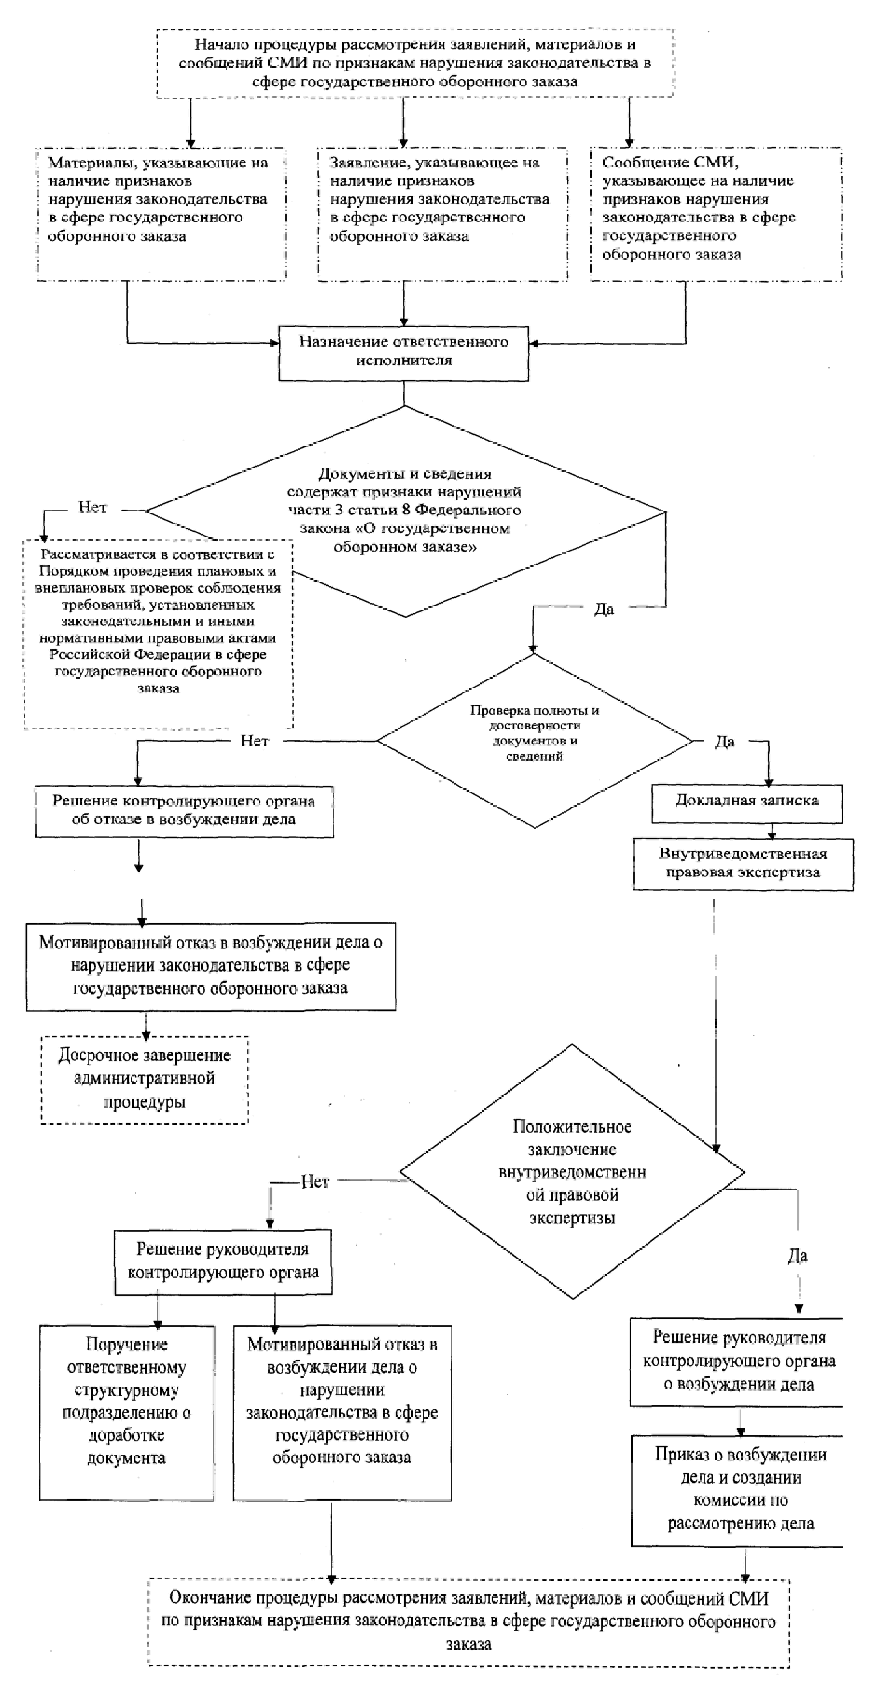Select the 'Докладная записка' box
pos(746,803)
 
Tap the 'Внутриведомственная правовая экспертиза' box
pos(743,864)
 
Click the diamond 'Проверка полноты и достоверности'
pos(534,740)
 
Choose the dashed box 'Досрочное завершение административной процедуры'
pos(145,1079)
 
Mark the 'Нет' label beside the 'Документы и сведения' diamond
pos(93,508)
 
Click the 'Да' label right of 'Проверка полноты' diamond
pos(725,742)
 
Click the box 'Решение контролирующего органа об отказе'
pos(184,811)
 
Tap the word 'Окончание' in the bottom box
pos(209,1597)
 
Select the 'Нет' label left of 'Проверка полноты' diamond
pos(255,741)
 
